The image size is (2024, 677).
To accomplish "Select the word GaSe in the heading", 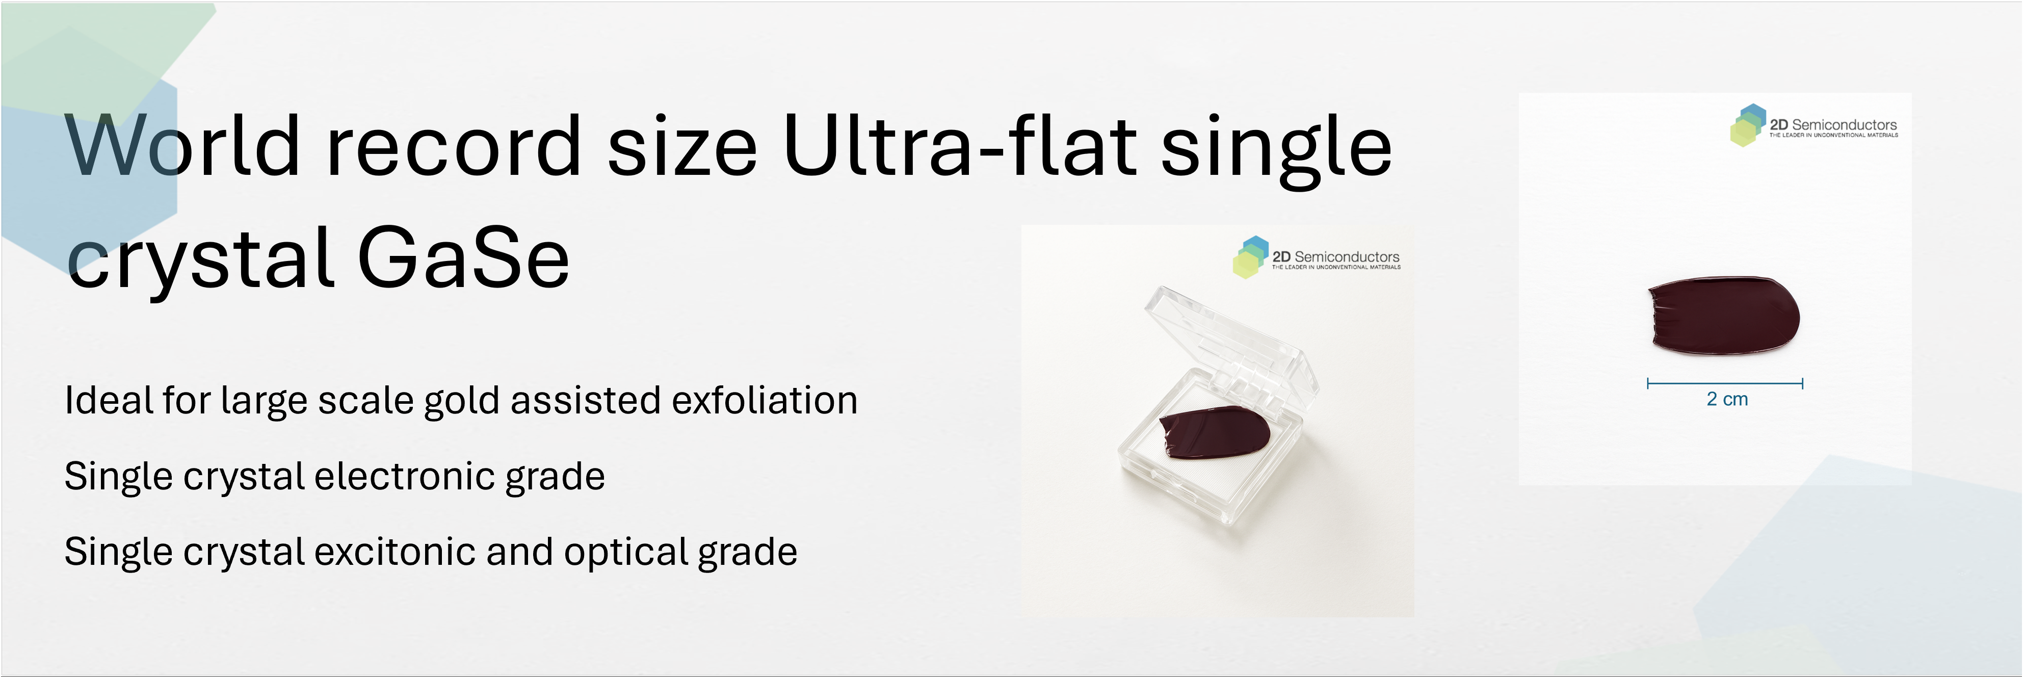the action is [x=464, y=257].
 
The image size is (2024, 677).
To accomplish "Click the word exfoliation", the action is [x=765, y=400].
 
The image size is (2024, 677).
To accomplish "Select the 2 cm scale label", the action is [x=1727, y=400].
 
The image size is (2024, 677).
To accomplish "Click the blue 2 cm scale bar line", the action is [x=1725, y=384].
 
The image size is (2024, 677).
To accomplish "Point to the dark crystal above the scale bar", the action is [x=1723, y=316].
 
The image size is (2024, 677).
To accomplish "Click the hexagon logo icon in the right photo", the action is [x=1747, y=125].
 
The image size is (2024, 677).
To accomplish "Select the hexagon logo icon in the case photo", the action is [x=1251, y=257].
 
